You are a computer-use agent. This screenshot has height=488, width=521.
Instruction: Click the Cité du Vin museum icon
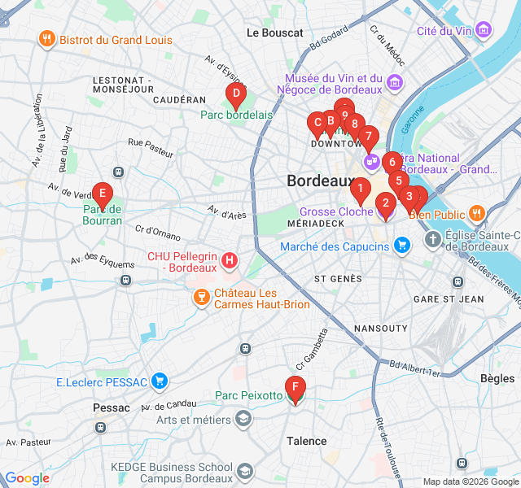click(x=484, y=31)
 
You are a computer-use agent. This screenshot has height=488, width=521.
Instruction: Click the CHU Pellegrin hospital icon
click(x=230, y=261)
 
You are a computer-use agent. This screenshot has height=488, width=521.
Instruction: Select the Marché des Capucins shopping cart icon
click(x=401, y=245)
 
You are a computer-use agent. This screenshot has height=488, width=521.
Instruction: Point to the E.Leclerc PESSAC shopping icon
click(x=160, y=380)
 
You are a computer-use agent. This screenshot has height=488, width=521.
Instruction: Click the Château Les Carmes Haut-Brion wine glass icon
click(x=199, y=298)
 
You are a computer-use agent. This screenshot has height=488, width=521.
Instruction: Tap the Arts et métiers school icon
click(x=243, y=419)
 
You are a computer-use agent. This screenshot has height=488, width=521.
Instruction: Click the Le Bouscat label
click(x=274, y=33)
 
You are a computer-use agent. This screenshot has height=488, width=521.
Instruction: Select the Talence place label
click(x=306, y=441)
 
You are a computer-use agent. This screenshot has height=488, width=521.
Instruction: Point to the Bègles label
click(x=497, y=378)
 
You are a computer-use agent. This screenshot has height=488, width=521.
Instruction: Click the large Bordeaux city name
click(x=318, y=181)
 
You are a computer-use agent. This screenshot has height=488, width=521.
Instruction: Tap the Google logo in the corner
click(x=27, y=478)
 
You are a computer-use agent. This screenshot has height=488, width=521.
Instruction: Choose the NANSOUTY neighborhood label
click(x=380, y=328)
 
